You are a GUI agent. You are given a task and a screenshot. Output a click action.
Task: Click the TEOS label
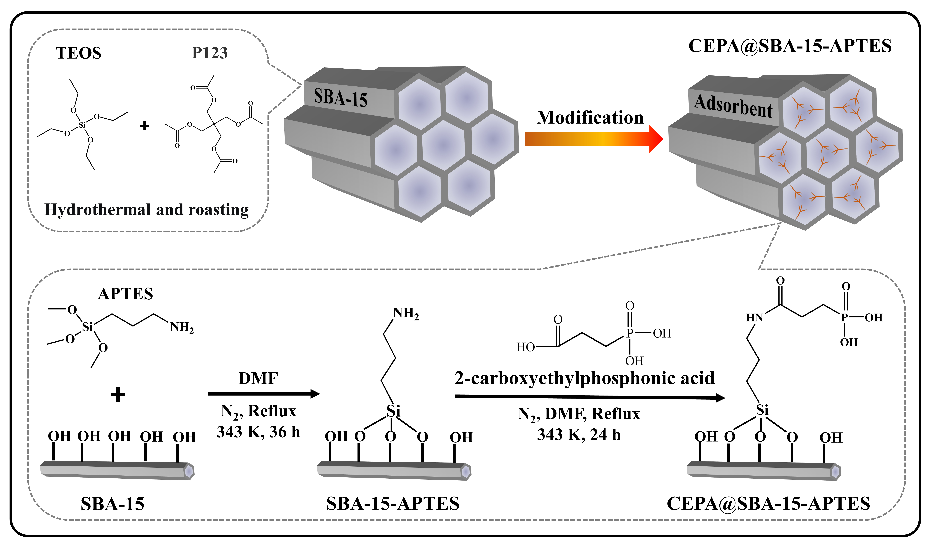coord(78,53)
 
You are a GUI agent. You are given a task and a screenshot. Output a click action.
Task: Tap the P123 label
coord(210,53)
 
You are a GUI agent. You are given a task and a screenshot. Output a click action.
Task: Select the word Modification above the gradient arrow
coord(590,118)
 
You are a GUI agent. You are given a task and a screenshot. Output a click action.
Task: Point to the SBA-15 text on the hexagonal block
coord(340,98)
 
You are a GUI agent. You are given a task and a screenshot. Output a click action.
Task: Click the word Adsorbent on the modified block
coord(733,106)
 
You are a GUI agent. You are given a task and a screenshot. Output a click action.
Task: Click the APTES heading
coord(125,294)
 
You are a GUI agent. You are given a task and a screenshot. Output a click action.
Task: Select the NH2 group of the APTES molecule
coord(182,327)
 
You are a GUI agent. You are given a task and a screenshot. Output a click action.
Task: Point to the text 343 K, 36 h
coord(258,432)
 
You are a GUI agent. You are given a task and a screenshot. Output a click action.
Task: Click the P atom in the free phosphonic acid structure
coord(630,333)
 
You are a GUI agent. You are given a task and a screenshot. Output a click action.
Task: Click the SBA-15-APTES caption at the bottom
coord(393,504)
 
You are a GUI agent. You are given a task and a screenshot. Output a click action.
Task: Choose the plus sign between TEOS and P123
coord(145,126)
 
